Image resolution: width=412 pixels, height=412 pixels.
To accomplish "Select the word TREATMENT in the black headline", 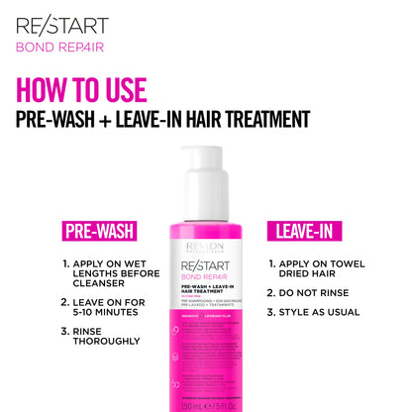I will [x=259, y=119].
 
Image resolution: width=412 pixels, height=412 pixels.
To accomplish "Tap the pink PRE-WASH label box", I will [x=99, y=232].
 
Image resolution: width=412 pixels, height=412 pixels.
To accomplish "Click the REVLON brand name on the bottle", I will [x=205, y=246].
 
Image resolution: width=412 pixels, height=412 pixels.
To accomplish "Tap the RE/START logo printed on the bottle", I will [x=205, y=263].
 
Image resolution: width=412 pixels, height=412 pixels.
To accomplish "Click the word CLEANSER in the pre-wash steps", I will [x=105, y=285].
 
